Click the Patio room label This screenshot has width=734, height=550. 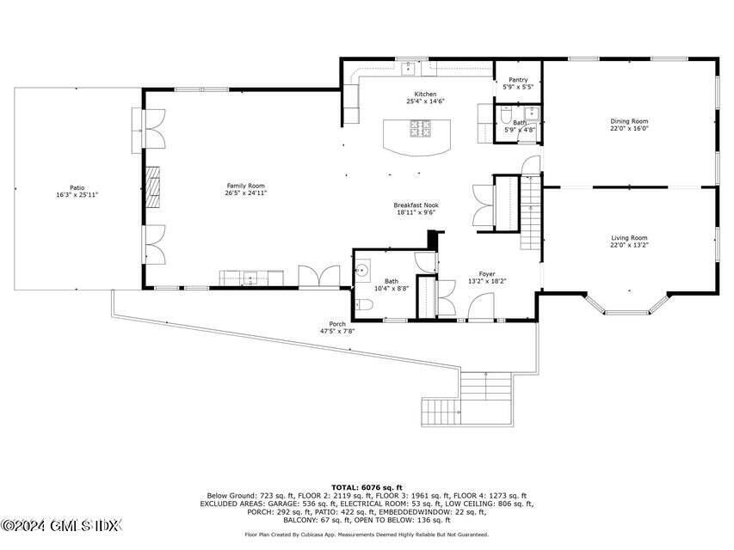(77, 187)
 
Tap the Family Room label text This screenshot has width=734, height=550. (245, 186)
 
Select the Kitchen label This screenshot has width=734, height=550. (425, 95)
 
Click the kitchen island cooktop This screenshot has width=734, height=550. (422, 129)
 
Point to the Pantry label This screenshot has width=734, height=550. (518, 80)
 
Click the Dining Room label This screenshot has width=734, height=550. (629, 121)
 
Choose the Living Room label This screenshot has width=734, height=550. (629, 238)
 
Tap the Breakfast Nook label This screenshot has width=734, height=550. (416, 205)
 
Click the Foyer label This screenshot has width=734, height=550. (487, 273)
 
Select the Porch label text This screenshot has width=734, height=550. (336, 324)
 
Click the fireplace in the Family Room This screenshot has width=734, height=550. (151, 186)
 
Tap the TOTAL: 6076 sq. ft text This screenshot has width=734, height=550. (367, 487)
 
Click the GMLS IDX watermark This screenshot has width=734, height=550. (62, 524)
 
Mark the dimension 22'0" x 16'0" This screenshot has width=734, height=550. (629, 129)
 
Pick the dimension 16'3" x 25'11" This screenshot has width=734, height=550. (77, 195)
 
